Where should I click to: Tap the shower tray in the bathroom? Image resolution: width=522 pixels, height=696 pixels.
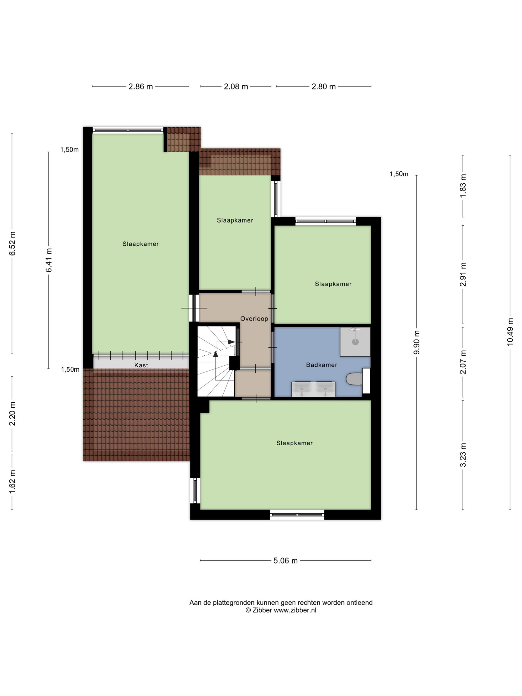355,342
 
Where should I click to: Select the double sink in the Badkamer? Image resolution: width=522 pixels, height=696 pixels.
313,389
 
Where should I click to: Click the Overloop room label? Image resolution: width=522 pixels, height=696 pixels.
254,318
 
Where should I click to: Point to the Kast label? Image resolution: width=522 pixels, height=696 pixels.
141,365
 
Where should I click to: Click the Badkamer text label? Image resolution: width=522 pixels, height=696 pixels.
322,365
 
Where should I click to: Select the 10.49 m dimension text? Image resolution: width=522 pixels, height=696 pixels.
510,332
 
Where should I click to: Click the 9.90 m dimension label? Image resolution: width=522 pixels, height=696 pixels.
417,342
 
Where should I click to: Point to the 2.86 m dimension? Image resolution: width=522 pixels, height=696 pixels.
141,87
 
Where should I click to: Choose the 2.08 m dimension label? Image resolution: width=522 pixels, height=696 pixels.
236,87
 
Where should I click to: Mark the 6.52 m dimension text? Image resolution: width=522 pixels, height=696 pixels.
12,243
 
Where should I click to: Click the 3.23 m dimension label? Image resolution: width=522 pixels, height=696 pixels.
463,455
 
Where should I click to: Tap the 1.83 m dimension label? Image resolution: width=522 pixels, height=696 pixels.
463,186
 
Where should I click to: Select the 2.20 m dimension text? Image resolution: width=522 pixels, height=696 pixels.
12,413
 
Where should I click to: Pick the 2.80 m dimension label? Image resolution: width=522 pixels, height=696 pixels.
323,87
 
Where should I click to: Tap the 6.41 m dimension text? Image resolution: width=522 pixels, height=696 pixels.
49,260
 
